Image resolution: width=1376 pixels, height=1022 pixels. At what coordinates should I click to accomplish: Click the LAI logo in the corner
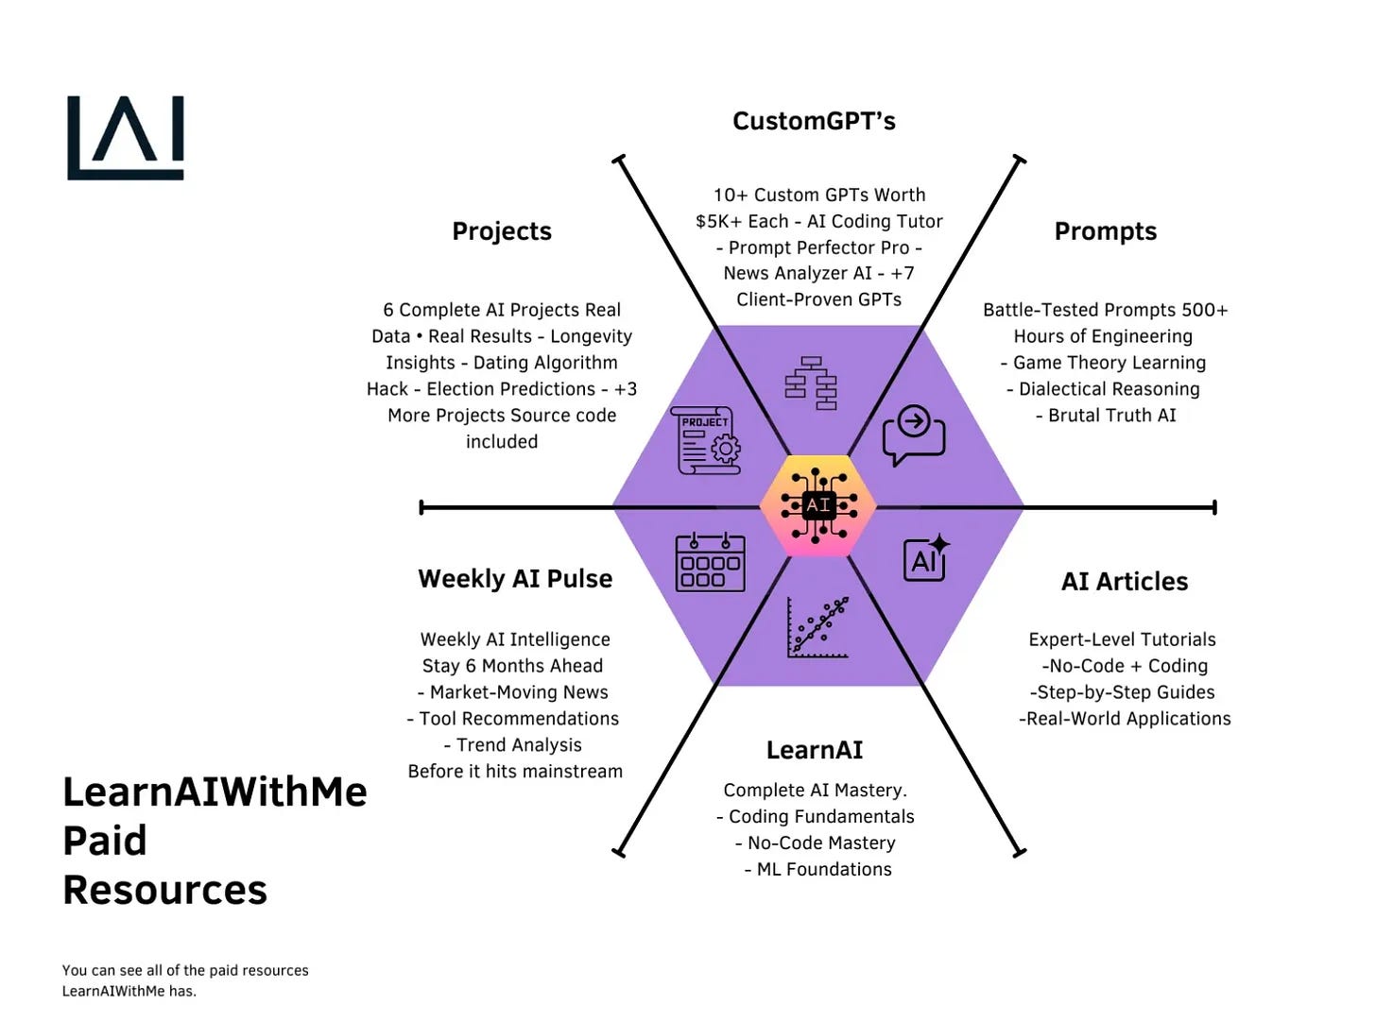126,138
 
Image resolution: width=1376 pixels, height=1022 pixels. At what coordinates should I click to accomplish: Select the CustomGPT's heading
814,121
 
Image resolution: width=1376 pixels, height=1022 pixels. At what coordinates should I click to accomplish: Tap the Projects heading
502,231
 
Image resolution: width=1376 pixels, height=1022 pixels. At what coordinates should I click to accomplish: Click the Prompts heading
1105,231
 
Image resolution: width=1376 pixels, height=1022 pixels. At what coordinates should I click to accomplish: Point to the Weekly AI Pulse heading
515,578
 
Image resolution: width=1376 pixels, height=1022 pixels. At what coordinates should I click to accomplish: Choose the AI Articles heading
1125,581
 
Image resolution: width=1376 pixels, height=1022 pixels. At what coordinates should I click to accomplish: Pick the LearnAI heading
814,750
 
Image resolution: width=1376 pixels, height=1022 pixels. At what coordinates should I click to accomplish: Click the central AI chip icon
818,506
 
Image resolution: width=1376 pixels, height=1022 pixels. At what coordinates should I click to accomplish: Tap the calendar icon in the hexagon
710,563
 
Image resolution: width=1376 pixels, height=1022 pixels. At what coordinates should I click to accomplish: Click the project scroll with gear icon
706,440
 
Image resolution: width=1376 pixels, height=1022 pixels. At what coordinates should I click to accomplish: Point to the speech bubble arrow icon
914,434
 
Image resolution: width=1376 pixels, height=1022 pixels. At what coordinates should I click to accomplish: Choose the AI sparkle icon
926,559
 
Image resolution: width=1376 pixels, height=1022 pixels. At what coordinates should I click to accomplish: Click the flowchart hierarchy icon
811,383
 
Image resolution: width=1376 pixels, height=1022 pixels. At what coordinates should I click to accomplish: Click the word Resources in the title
165,890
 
